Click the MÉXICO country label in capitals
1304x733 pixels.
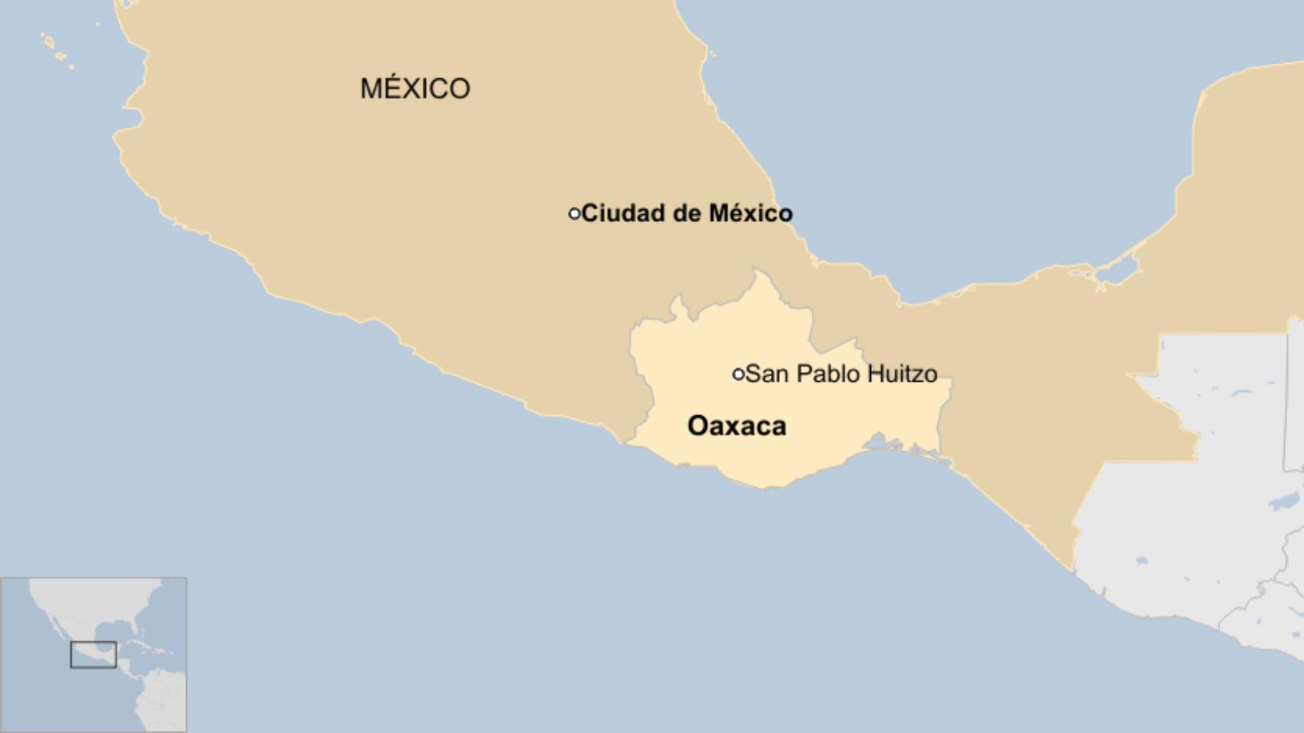[x=415, y=88]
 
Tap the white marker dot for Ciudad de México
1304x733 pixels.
[x=574, y=214]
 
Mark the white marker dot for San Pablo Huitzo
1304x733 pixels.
[x=738, y=374]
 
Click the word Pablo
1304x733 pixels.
[x=829, y=374]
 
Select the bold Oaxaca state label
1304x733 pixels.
[x=737, y=426]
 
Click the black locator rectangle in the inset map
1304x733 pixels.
[x=93, y=655]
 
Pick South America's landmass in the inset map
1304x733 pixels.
[x=164, y=703]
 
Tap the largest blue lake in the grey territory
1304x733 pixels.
[x=1284, y=501]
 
